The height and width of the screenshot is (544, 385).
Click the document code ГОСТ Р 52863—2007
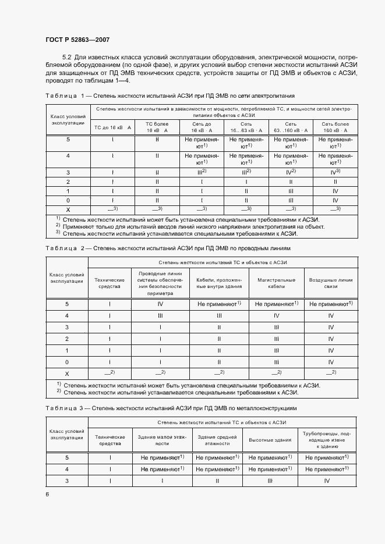(77, 40)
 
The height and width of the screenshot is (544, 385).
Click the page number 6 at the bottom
(47, 494)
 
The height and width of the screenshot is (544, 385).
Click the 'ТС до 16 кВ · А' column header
(112, 127)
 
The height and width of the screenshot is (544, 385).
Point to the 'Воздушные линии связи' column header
(331, 283)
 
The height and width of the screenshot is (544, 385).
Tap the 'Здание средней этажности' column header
(217, 440)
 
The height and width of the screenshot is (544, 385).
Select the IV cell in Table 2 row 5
(160, 304)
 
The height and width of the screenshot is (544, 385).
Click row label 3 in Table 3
(68, 481)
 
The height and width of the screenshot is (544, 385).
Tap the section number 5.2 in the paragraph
(66, 58)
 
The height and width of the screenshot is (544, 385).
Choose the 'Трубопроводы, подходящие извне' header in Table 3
(326, 440)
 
